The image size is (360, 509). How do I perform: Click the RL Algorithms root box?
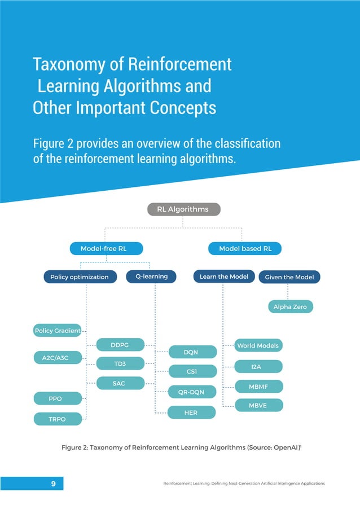[x=183, y=209]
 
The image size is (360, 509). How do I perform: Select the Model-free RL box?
[x=106, y=248]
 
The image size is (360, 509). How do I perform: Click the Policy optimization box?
[x=80, y=277]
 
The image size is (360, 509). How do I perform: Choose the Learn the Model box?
[x=224, y=277]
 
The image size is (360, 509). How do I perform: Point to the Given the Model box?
[x=289, y=277]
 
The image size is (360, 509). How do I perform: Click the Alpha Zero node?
[x=290, y=307]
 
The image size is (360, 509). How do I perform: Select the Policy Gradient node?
[x=58, y=330]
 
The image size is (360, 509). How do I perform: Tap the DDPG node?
[x=120, y=344]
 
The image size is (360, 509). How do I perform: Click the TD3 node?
[x=120, y=363]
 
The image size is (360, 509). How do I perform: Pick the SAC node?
[x=120, y=383]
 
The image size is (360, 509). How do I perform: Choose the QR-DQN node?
[x=192, y=391]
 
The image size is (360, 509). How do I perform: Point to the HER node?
[x=192, y=413]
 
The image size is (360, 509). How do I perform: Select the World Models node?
[x=258, y=345]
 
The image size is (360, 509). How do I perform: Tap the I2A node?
[x=258, y=367]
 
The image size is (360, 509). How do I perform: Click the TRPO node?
[x=58, y=419]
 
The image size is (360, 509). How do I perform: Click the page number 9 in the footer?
[x=52, y=484]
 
